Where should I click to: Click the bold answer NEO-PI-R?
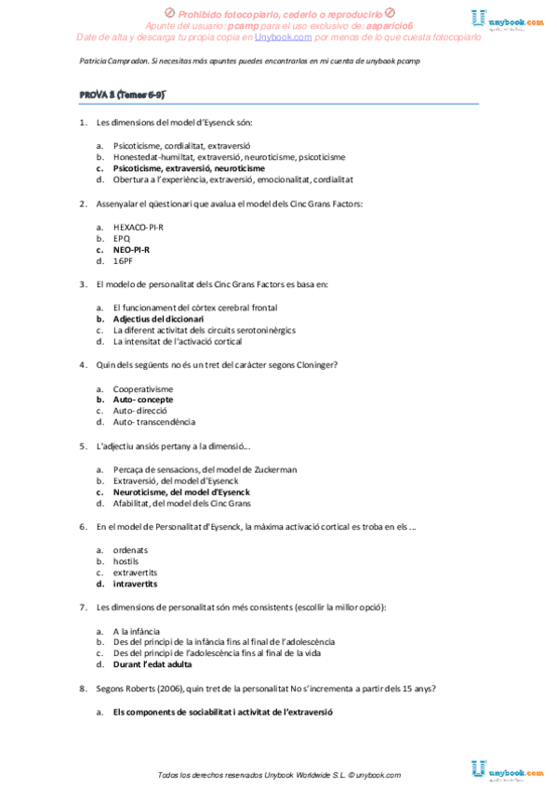(131, 249)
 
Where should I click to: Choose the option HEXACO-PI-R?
(139, 226)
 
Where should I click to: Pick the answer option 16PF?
(123, 261)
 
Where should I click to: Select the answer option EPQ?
(122, 238)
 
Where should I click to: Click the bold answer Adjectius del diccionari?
(158, 319)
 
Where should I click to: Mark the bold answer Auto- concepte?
(143, 400)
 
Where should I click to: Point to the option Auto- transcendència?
(153, 423)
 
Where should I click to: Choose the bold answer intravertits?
(135, 584)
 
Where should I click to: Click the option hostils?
(126, 561)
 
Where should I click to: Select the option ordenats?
(130, 550)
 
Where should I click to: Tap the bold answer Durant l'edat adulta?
(153, 664)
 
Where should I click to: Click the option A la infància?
(137, 630)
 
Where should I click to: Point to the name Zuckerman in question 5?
(275, 469)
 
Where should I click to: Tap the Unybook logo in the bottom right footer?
(507, 770)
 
